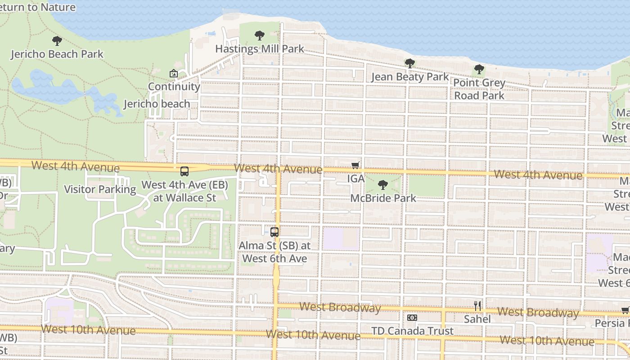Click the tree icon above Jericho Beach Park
point(57,41)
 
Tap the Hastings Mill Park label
point(260,49)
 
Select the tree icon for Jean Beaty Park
point(409,63)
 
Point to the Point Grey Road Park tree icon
point(479,69)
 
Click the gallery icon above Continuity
point(173,73)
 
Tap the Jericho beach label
point(157,104)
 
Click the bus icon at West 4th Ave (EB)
point(184,171)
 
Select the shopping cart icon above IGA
point(355,165)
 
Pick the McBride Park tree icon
point(383,184)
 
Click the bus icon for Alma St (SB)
point(274,232)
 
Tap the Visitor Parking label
point(100,189)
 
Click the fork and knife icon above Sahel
point(477,306)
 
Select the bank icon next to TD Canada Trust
point(412,318)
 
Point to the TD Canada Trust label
point(412,331)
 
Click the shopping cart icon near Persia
point(625,310)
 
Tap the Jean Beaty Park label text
point(410,77)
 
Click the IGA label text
point(356,179)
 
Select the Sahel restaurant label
point(477,319)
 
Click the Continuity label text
point(174,86)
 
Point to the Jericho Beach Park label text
point(57,54)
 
